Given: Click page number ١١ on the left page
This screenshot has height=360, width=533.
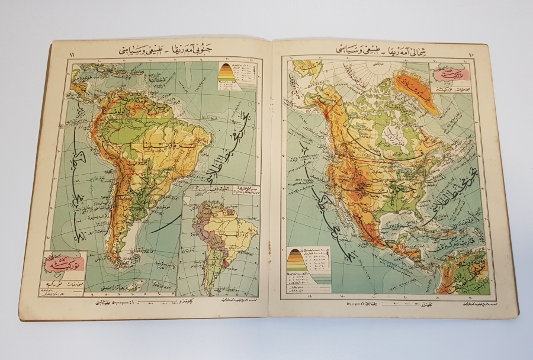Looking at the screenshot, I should click(x=72, y=55).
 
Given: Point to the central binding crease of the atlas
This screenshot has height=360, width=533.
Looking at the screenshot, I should click(x=270, y=178).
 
